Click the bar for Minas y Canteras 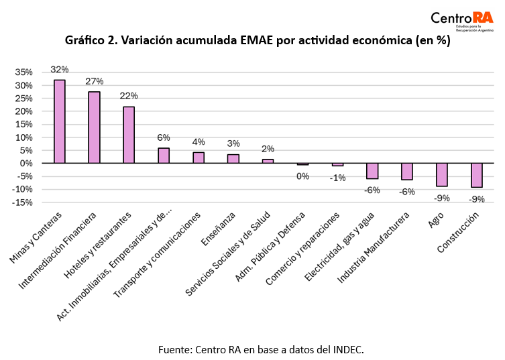60,121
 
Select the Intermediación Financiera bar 95,127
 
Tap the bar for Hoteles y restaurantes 129,135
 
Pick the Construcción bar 477,175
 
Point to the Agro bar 442,174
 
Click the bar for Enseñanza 233,159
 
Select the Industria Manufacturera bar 407,171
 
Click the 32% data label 60,70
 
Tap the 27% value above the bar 95,81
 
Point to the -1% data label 337,178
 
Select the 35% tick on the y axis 23,72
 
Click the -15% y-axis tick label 22,202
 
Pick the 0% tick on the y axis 27,163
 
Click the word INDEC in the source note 347,349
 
